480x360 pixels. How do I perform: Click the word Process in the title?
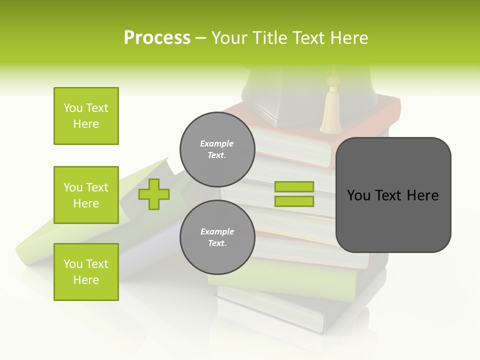click(157, 38)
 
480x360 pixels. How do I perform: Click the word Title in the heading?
click(270, 38)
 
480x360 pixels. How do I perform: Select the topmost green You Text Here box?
click(86, 116)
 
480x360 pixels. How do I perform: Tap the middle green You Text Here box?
click(86, 195)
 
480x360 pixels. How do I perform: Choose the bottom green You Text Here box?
click(86, 272)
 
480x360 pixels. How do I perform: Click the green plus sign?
click(153, 194)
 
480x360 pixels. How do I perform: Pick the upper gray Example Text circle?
click(217, 149)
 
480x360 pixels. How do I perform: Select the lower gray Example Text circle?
click(217, 237)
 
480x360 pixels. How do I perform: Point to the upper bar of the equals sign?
click(294, 187)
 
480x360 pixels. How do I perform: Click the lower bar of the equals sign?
click(294, 201)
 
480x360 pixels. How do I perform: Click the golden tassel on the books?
click(330, 112)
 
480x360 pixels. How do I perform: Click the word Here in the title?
click(348, 38)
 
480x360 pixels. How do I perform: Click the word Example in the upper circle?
click(216, 143)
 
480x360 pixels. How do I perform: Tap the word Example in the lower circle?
click(217, 231)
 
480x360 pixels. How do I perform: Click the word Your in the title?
click(229, 38)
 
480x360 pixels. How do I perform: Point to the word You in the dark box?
click(358, 195)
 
